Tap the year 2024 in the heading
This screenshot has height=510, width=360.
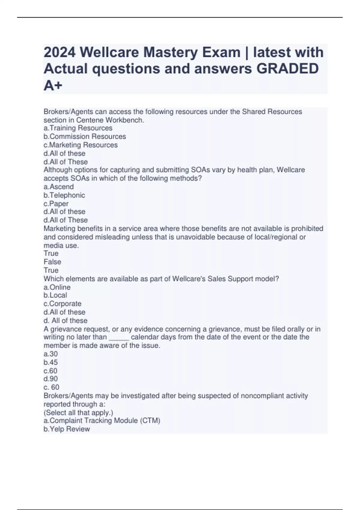(x=59, y=52)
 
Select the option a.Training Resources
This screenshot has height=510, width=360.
(x=78, y=128)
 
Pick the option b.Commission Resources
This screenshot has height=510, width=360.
(x=85, y=136)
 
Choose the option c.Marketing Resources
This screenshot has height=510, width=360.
(x=80, y=145)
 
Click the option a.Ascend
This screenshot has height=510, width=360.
(x=58, y=187)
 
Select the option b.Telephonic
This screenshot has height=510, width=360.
(x=64, y=195)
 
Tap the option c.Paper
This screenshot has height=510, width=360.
(x=56, y=203)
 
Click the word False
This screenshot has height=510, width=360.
(x=52, y=262)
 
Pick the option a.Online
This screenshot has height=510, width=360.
(x=57, y=287)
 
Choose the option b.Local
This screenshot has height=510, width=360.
(x=55, y=295)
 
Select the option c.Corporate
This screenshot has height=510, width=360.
(x=62, y=304)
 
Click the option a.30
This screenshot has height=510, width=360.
(x=51, y=354)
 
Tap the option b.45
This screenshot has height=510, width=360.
(x=51, y=362)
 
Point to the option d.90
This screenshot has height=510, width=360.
(x=51, y=379)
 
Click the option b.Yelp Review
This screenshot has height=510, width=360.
(x=67, y=429)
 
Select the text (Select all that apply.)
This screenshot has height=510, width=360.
(x=78, y=412)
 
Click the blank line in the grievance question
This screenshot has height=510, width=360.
(x=119, y=338)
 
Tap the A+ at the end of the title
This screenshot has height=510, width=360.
(x=53, y=86)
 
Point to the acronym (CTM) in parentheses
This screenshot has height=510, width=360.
(x=150, y=421)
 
